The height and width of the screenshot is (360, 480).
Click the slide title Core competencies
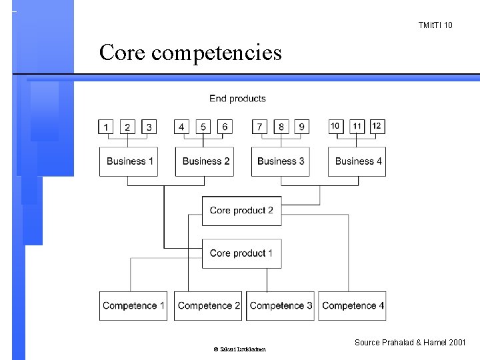(191, 52)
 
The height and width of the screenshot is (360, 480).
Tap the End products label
(237, 99)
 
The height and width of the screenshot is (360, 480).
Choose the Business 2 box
(205, 161)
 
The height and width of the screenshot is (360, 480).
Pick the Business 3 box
(281, 161)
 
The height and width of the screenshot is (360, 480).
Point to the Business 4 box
(357, 161)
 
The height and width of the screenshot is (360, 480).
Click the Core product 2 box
(241, 211)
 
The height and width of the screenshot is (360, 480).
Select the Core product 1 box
(241, 253)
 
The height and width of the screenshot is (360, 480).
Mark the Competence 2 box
(209, 306)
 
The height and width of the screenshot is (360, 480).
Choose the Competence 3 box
(281, 306)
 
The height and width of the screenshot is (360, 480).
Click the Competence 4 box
(353, 306)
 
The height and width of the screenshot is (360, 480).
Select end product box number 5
(203, 127)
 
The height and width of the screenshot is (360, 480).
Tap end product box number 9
(301, 127)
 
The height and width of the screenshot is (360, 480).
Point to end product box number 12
(377, 126)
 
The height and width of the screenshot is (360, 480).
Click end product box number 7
(260, 127)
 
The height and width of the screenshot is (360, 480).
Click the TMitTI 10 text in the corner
(435, 25)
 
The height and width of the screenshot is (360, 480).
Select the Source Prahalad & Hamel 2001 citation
(411, 343)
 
